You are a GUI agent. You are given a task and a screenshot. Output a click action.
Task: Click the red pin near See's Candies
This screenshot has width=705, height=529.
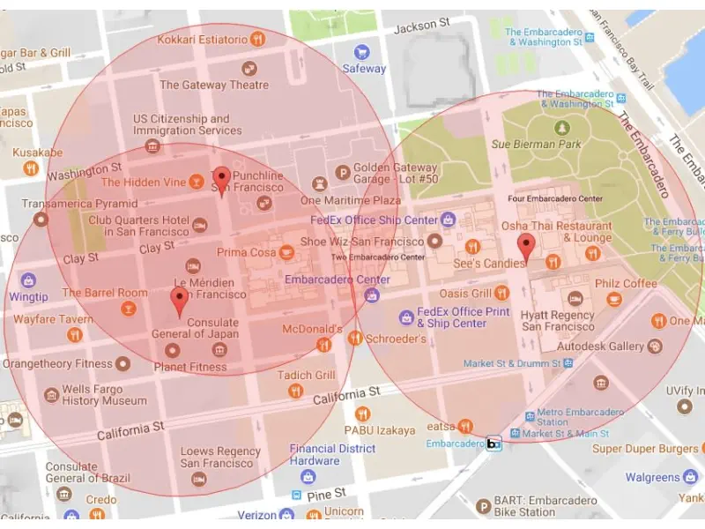(526, 247)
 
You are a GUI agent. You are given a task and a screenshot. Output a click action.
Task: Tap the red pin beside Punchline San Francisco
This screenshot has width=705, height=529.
(222, 179)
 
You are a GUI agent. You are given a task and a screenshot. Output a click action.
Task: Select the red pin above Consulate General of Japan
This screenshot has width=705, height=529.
(180, 299)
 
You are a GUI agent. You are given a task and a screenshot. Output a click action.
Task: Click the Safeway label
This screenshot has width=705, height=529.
(364, 68)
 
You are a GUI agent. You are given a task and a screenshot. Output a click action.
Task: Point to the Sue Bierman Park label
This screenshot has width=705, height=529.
(537, 144)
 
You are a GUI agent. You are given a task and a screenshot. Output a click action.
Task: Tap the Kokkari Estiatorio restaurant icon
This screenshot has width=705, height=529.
(258, 39)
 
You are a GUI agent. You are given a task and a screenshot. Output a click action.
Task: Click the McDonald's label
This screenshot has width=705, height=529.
(312, 329)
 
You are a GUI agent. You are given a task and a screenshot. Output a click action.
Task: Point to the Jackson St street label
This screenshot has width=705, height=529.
(421, 27)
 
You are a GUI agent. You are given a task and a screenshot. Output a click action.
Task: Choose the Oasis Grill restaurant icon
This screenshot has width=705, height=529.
(501, 293)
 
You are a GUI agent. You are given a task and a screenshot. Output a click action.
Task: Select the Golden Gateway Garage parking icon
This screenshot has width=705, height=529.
(343, 173)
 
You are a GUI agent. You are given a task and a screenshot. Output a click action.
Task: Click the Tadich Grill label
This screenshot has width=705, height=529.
(307, 375)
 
